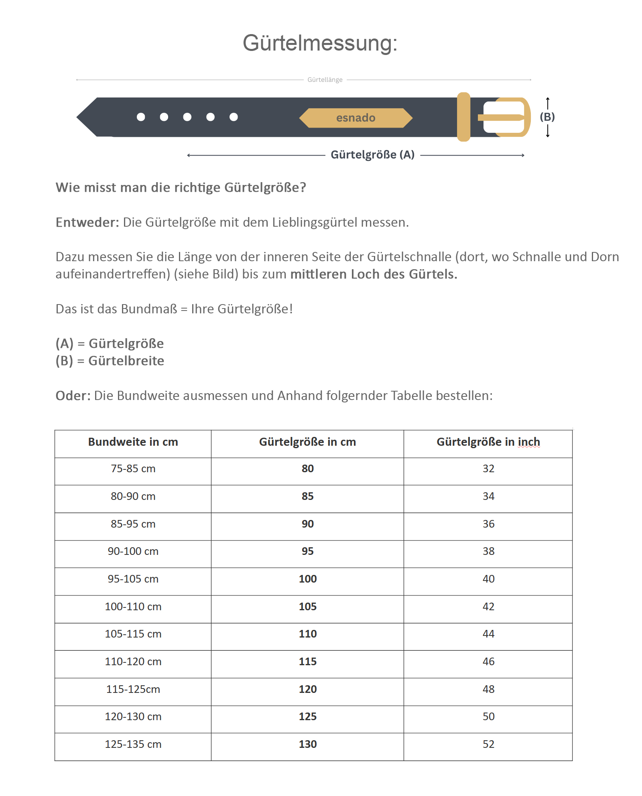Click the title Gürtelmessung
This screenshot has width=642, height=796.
tap(320, 43)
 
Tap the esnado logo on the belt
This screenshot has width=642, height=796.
tap(356, 118)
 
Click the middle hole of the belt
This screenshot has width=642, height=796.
tap(187, 117)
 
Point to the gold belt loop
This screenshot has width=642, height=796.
tap(463, 117)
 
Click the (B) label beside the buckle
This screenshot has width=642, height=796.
tap(547, 117)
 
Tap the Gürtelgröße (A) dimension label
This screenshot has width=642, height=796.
tap(372, 155)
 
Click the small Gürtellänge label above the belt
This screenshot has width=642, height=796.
tap(325, 80)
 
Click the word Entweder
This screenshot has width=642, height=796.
tap(87, 222)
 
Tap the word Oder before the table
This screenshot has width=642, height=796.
tap(73, 396)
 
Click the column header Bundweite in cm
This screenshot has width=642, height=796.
tap(133, 442)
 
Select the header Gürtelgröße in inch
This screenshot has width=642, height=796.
tap(488, 442)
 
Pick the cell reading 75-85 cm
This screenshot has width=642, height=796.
tap(133, 469)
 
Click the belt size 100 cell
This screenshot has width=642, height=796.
tap(307, 579)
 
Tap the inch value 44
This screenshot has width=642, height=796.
tap(488, 634)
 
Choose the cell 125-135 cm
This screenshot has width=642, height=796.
tap(133, 744)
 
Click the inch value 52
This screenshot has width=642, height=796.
tap(488, 744)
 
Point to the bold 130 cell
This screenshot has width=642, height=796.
tap(307, 744)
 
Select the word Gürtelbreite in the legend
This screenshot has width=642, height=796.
tap(126, 361)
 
